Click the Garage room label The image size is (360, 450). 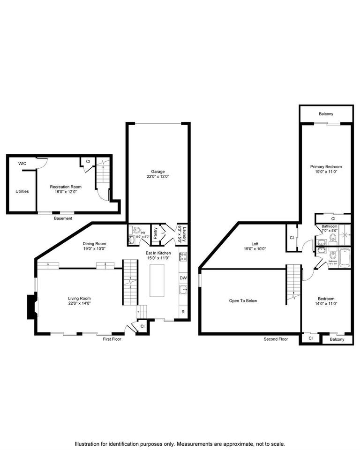tap(157, 172)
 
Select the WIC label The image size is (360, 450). tap(22, 164)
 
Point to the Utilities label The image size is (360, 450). tap(22, 191)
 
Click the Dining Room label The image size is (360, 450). tap(95, 244)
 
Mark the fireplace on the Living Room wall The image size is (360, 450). tap(31, 307)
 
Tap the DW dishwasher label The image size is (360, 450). tap(183, 277)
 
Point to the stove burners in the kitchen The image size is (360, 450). tap(183, 256)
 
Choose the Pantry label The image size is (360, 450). tap(155, 233)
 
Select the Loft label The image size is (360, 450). tap(255, 244)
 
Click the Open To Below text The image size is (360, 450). tap(243, 301)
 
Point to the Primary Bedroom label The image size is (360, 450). tap(326, 167)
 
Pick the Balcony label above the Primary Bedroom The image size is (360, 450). tap(326, 114)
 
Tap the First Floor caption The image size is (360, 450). tap(112, 339)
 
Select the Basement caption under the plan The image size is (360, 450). tap(63, 218)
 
